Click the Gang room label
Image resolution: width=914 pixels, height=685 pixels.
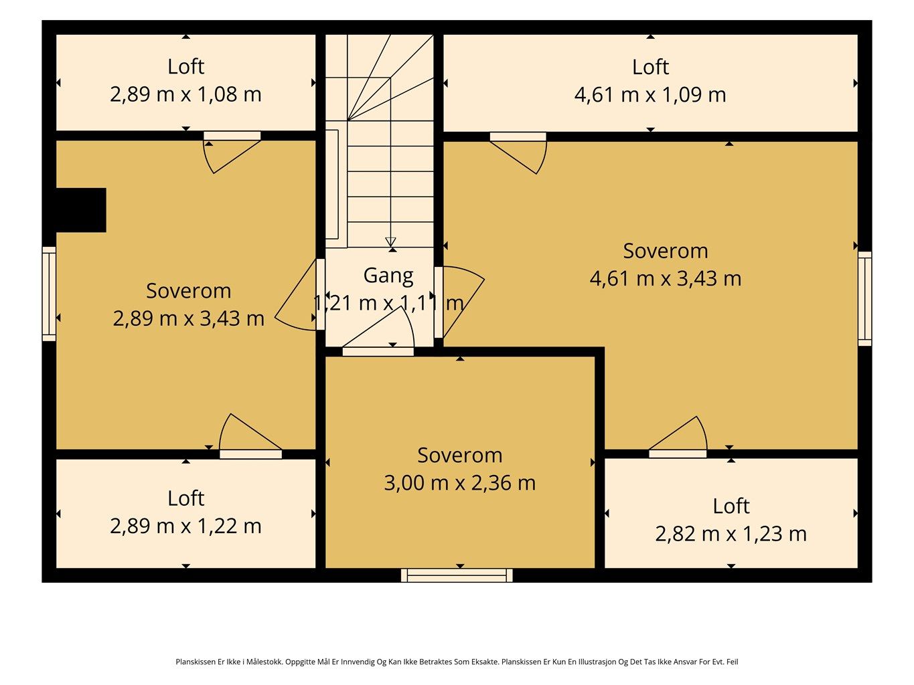[388, 276]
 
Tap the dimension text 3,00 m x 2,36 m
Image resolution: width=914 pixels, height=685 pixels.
[460, 483]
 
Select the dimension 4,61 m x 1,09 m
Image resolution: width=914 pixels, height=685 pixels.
[650, 95]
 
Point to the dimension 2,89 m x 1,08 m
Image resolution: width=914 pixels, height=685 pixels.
[185, 94]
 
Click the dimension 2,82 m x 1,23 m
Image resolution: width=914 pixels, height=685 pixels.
[731, 534]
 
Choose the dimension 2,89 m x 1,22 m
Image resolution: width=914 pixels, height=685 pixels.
[185, 526]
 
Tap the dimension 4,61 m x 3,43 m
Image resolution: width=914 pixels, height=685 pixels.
[666, 279]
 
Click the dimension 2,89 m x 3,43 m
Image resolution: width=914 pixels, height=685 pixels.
[189, 319]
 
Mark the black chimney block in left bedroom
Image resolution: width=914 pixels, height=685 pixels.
[81, 210]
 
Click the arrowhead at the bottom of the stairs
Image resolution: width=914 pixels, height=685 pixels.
[390, 241]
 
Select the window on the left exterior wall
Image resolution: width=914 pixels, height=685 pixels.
[49, 294]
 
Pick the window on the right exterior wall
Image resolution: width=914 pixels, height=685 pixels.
[864, 298]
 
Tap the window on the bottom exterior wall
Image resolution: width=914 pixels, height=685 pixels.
[457, 575]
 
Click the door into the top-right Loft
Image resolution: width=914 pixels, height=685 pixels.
[518, 153]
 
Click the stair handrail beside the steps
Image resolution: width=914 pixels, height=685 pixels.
[332, 184]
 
